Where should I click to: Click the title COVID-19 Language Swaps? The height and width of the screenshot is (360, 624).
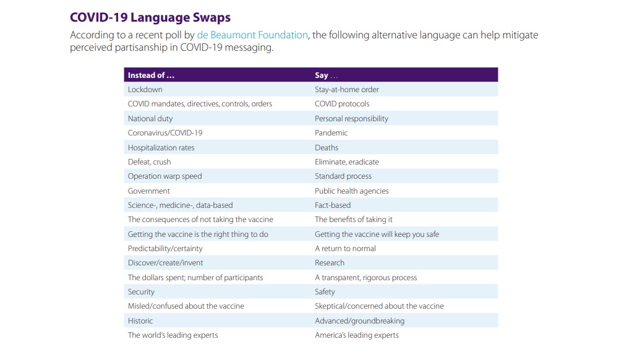coord(150,17)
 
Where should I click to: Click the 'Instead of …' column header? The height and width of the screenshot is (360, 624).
coord(151,75)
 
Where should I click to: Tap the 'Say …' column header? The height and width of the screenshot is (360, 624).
coord(326,75)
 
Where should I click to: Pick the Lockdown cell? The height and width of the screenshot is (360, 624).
coord(145,90)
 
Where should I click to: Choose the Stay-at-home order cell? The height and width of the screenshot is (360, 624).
coord(346,90)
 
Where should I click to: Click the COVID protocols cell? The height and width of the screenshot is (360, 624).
coord(342,104)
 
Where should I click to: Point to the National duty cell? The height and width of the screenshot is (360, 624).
coord(150,118)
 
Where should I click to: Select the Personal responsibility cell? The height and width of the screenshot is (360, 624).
coord(351,118)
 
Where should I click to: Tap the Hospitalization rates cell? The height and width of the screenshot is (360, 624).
coord(161,147)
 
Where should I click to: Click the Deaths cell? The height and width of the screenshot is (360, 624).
coord(327,147)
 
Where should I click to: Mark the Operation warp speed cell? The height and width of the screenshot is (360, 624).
coord(165,176)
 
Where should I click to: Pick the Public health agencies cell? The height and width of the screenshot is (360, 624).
coord(351,191)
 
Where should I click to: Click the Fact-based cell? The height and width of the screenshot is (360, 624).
coord(333,205)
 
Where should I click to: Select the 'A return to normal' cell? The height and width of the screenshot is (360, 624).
coord(345,248)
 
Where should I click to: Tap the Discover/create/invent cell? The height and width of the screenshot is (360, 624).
coord(165,263)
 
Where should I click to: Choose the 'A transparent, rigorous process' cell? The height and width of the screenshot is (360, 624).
coord(365,277)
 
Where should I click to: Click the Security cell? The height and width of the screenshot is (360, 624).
coord(141,291)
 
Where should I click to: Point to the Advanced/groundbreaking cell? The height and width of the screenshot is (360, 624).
coord(359,320)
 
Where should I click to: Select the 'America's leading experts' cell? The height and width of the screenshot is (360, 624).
coord(356,335)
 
